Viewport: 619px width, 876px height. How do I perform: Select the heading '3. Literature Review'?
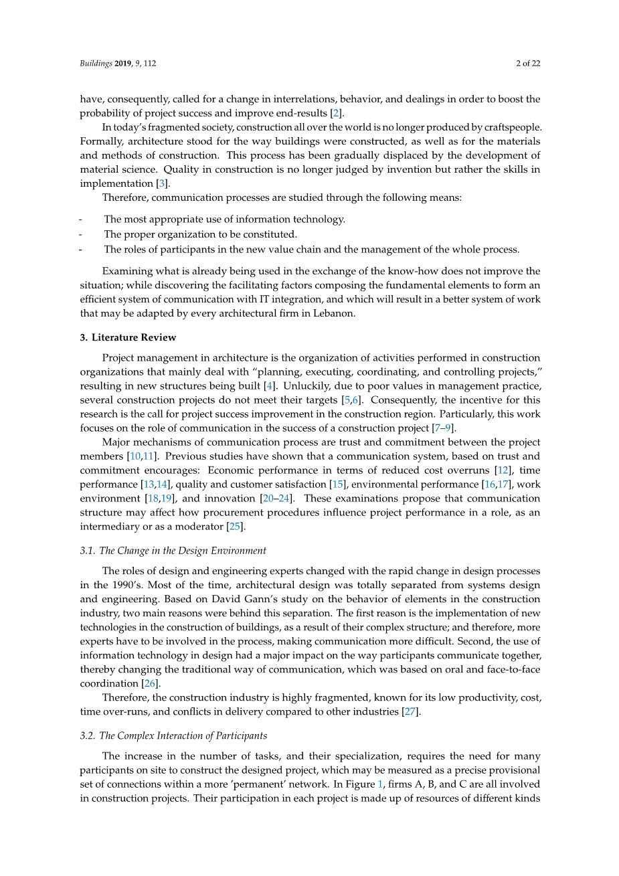pos(128,337)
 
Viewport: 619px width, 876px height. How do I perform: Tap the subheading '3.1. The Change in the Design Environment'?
pos(173,551)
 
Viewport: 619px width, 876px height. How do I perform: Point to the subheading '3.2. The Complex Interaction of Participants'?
pos(173,735)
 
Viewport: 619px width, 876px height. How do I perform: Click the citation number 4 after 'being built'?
pos(270,386)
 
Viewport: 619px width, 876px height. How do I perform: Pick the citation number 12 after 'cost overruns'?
pos(503,470)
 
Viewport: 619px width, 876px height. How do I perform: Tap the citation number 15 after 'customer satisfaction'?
pos(339,485)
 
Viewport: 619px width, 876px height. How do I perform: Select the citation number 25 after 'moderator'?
pos(234,527)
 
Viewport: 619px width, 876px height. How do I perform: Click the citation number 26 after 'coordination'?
pos(150,684)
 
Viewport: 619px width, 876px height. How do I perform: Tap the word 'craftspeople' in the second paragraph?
pos(508,127)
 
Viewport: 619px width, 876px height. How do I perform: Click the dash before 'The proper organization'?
pos(81,235)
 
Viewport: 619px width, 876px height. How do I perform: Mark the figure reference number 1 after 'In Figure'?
pos(381,784)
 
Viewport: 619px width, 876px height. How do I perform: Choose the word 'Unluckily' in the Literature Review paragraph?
pos(306,386)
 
